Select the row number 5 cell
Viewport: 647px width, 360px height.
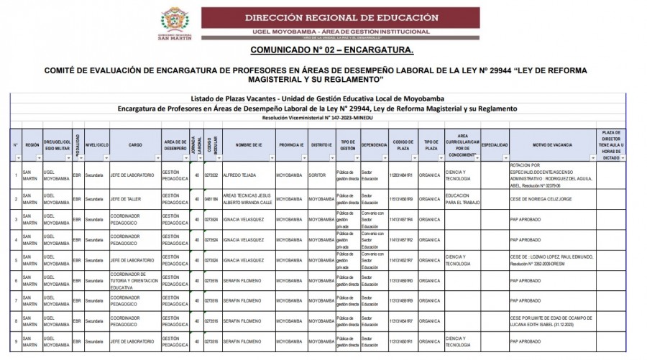tap(16, 259)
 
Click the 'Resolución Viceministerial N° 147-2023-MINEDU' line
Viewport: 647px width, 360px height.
tap(323, 117)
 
